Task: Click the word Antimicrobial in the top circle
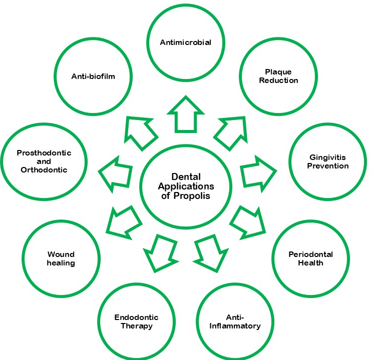click(185, 42)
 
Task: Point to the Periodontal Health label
click(310, 258)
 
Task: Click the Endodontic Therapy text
click(136, 321)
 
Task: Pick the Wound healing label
click(61, 258)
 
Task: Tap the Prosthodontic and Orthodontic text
click(44, 161)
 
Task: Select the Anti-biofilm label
click(94, 76)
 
